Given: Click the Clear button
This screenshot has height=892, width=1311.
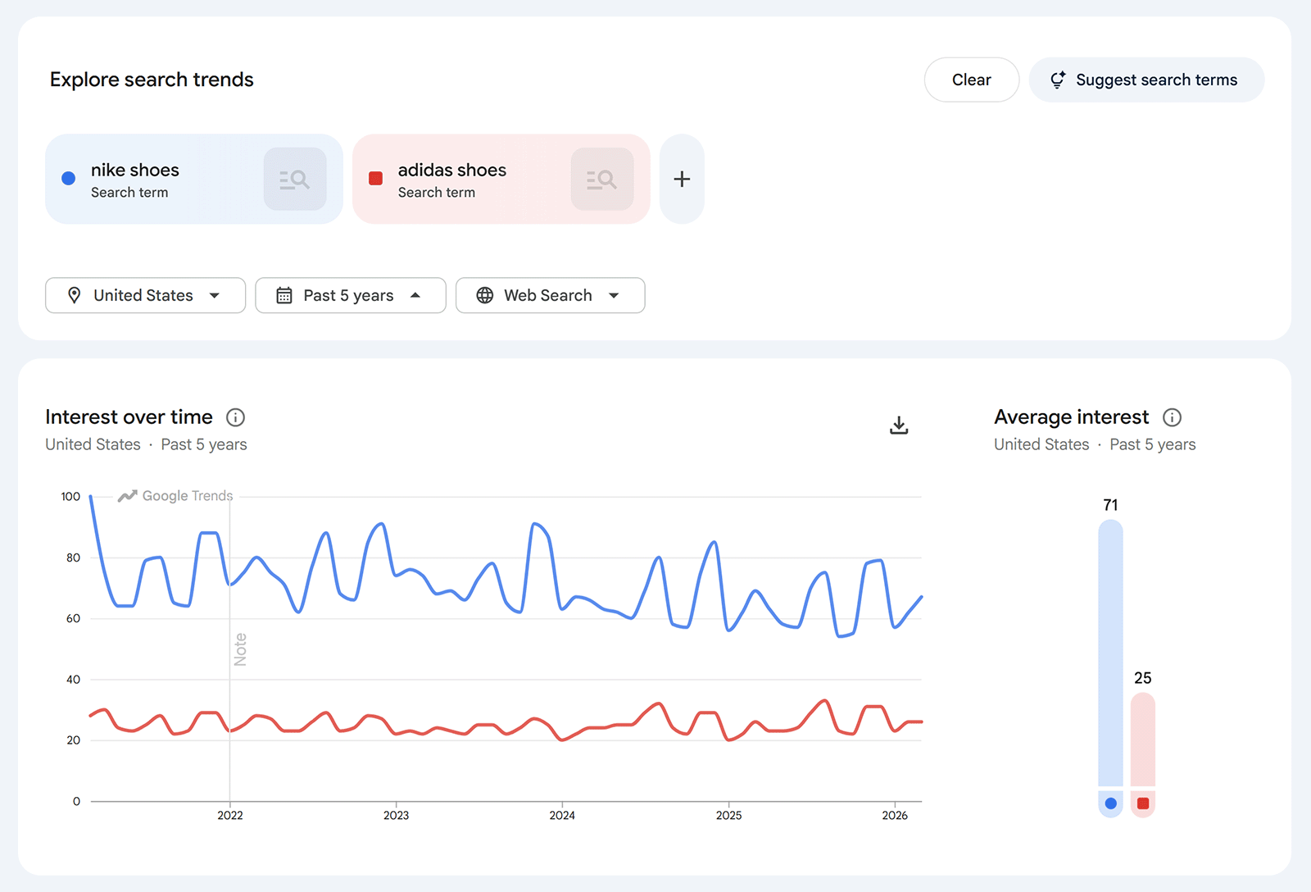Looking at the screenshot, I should click(971, 80).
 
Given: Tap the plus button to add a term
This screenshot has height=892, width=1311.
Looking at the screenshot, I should click(682, 179).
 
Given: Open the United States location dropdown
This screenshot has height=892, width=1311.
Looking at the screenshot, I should click(145, 295).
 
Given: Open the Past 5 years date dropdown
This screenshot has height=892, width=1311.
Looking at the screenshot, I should click(350, 295).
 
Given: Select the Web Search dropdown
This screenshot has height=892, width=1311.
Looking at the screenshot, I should click(550, 295).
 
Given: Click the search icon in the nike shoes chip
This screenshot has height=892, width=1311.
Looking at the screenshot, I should click(295, 179).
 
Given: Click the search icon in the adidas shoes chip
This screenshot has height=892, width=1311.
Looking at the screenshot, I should click(602, 179).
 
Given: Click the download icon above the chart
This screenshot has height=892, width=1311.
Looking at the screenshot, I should click(899, 425).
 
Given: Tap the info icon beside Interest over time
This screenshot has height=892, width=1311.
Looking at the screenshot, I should click(235, 417).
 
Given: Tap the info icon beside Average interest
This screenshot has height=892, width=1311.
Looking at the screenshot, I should click(1173, 417).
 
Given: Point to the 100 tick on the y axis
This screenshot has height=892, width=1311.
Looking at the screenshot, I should click(71, 497).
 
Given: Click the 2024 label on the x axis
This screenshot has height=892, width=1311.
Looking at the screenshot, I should click(562, 815).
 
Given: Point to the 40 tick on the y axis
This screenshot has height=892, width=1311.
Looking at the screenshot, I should click(74, 680).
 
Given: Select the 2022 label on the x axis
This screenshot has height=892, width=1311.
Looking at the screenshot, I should click(230, 815).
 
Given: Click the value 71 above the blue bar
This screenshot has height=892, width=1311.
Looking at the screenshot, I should click(1110, 505).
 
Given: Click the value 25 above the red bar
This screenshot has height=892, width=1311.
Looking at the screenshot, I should click(1143, 678).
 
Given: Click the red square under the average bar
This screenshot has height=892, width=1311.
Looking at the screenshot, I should click(1143, 803).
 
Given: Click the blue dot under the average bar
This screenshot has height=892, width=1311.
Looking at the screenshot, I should click(1110, 803).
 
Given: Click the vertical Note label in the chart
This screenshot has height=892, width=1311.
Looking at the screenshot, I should click(240, 649).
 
